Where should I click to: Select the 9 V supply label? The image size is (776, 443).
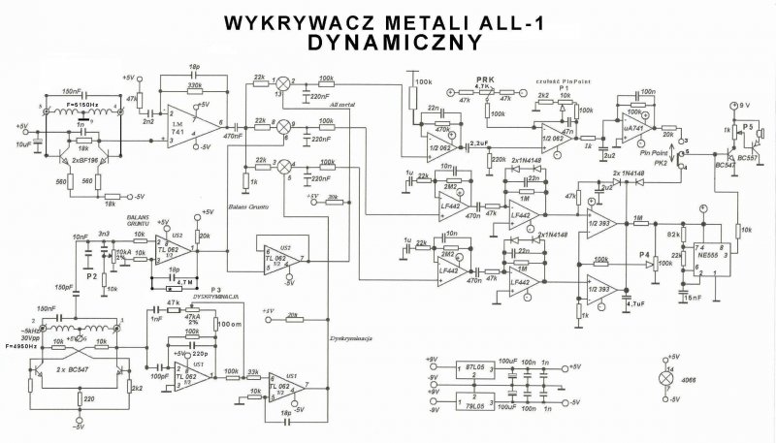744,103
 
